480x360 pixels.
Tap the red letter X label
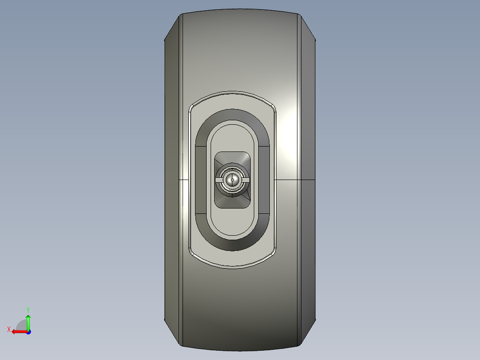pyautogui.click(x=8, y=329)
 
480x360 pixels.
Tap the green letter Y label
pyautogui.click(x=28, y=309)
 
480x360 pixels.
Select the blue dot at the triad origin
pyautogui.click(x=28, y=331)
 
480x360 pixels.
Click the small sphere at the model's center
pyautogui.click(x=232, y=180)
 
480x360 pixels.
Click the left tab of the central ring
pyautogui.click(x=219, y=180)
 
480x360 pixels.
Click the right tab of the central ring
pyautogui.click(x=245, y=180)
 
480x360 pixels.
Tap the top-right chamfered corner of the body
pyautogui.click(x=308, y=27)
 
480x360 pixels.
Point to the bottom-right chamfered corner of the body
pyautogui.click(x=308, y=333)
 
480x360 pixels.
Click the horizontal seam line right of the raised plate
pyautogui.click(x=296, y=180)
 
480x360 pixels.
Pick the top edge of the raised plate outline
pyautogui.click(x=232, y=93)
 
